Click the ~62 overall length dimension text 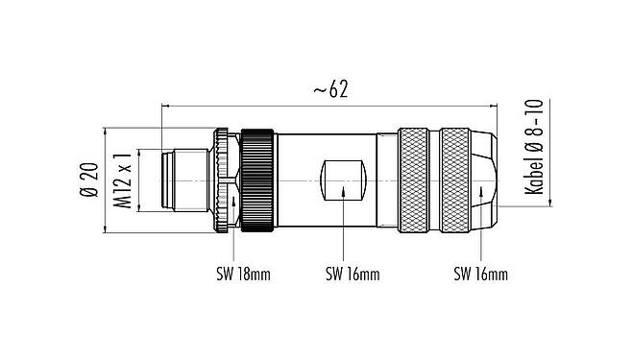(x=329, y=89)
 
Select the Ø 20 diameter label (x=90, y=180)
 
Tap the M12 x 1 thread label (x=122, y=180)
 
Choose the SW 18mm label (x=242, y=274)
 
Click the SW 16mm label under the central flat (x=352, y=274)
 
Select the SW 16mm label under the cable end (x=480, y=274)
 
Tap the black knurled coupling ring (x=256, y=180)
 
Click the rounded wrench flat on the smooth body (x=343, y=180)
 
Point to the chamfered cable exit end (x=486, y=180)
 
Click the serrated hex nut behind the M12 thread (x=225, y=180)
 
